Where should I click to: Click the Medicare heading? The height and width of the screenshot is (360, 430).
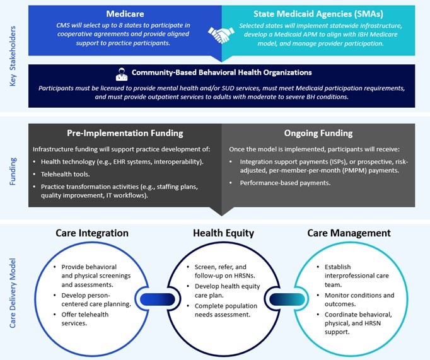125,14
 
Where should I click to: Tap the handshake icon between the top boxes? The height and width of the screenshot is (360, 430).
221,35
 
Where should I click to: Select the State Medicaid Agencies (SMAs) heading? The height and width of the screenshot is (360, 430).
318,14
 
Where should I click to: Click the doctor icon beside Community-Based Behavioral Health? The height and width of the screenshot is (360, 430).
122,74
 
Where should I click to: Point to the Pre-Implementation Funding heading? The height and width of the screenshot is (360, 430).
125,133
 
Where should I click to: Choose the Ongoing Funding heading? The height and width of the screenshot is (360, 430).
318,133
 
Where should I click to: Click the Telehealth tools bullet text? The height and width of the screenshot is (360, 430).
66,174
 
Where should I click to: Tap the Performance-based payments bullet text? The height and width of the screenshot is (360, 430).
285,183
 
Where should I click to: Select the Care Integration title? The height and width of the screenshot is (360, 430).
92,233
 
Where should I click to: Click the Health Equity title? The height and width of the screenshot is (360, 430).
223,233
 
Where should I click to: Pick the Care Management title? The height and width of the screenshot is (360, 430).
349,233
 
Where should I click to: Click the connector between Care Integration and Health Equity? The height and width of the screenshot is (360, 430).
158,299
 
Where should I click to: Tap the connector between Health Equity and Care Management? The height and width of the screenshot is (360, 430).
287,299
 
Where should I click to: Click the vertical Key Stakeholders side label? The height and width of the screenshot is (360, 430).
13,56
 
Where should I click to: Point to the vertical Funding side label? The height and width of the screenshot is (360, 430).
13,171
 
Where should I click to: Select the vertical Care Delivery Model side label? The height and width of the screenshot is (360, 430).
13,293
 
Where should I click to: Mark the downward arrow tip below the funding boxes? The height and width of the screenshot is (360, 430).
221,216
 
